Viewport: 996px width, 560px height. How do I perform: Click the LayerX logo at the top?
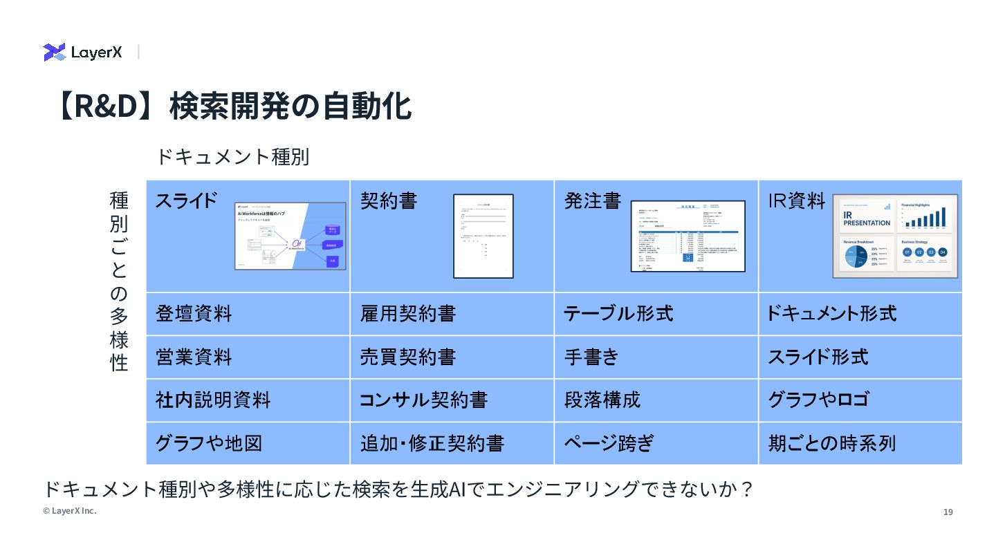coord(82,52)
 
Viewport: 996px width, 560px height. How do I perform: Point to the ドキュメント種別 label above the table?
coord(232,157)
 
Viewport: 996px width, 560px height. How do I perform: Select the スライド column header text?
coord(186,200)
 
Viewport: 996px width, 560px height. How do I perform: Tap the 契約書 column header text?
coord(389,200)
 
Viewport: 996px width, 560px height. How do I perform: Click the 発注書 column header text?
coord(593,200)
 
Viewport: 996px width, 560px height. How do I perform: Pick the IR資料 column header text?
coord(797,200)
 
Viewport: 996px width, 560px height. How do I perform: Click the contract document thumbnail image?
coord(483,236)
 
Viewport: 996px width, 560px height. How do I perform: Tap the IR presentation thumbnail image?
coord(895,236)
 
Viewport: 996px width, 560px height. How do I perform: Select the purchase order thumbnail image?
coord(688,236)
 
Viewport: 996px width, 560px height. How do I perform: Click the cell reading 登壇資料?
coord(194,314)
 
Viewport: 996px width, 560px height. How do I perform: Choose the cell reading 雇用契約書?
coord(408,314)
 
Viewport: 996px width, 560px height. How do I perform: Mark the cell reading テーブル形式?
coord(618,314)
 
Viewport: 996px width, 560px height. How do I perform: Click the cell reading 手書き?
coord(591,357)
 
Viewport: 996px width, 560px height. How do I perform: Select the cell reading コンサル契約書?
coord(423,400)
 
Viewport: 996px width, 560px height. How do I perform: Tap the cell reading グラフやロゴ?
coord(818,400)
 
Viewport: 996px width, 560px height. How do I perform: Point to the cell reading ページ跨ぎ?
coord(609,443)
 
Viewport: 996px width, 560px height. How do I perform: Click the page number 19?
coord(948,512)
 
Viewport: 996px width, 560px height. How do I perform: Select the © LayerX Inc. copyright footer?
coord(69,511)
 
